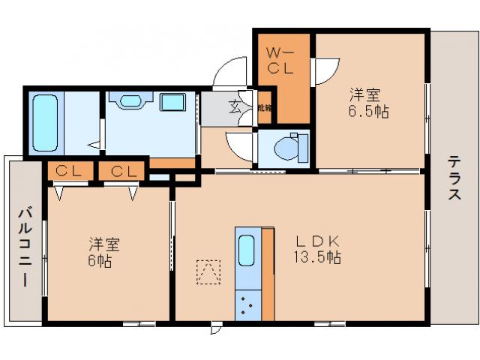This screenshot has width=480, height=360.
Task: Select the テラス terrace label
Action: coord(454,178)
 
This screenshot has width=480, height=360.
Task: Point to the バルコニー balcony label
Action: coord(23,247)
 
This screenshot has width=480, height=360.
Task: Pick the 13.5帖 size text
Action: coord(319,257)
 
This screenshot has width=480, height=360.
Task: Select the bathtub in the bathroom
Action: coord(45,122)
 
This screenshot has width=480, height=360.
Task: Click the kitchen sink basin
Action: coord(247,250)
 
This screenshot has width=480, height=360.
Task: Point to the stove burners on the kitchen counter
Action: coord(247,304)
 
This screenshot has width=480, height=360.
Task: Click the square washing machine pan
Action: coord(175,103)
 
